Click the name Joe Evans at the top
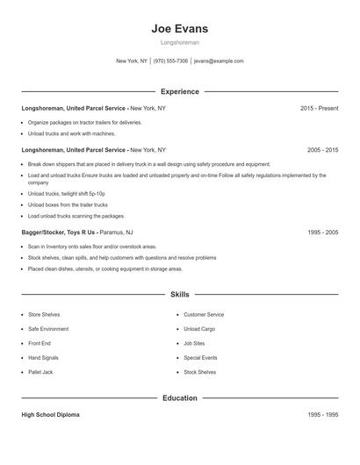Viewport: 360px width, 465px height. [x=179, y=28]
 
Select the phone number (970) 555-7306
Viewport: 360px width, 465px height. [x=170, y=61]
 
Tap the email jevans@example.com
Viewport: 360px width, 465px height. [x=219, y=61]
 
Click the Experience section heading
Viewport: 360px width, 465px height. [x=180, y=91]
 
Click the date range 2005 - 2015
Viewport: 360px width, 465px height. [x=322, y=150]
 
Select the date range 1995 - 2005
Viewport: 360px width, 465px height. [x=322, y=232]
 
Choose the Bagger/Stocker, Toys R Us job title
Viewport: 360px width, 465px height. [x=59, y=232]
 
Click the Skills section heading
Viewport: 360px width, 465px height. [x=180, y=295]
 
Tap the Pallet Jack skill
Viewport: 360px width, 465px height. [x=40, y=373]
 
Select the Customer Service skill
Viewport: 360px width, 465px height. [x=204, y=314]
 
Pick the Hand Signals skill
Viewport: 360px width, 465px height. [x=43, y=358]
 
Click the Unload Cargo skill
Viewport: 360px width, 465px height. [x=199, y=329]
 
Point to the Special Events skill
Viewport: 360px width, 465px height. [x=200, y=358]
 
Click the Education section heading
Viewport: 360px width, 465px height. [x=180, y=398]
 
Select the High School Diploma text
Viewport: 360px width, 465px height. [x=50, y=414]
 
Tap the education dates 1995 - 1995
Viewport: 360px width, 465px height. [x=322, y=414]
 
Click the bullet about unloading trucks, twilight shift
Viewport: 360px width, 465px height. [x=66, y=193]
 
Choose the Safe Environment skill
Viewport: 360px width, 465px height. [x=47, y=329]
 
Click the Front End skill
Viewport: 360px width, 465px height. [x=40, y=343]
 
